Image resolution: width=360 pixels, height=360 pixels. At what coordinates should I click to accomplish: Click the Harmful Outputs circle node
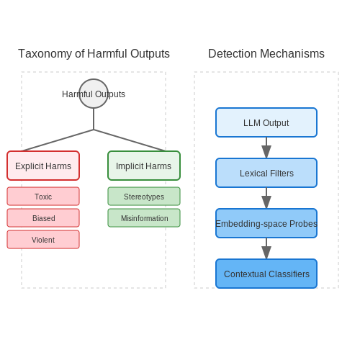94,94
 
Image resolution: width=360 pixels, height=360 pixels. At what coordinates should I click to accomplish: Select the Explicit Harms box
43,166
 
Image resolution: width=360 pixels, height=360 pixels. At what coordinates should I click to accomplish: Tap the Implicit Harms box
144,166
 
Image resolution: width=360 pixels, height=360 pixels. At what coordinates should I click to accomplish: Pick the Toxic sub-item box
43,197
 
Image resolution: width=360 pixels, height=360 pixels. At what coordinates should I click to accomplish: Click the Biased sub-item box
43,218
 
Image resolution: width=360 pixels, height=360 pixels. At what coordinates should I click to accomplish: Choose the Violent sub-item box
43,240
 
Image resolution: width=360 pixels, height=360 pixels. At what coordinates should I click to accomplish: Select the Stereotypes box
144,197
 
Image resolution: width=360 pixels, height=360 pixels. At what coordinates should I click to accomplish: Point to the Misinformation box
144,218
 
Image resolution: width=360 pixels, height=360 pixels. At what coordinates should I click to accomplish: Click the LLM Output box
266,122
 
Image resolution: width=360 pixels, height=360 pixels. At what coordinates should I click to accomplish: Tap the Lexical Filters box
266,173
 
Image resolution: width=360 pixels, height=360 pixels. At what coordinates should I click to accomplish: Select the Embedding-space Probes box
266,223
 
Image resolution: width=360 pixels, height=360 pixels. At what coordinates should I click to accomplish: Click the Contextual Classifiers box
266,274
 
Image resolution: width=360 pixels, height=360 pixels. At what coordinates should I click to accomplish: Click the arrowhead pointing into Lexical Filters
266,152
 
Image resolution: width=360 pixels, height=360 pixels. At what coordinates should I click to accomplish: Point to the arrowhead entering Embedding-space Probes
266,202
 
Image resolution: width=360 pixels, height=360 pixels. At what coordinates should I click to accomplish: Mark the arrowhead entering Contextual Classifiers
266,253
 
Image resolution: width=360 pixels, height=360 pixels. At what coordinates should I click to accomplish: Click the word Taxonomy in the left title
45,54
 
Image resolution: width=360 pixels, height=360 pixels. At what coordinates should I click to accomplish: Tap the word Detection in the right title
233,53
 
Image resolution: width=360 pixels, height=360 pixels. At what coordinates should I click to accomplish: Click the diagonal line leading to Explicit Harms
58,140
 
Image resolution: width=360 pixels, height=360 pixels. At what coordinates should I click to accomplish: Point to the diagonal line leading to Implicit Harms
130,140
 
